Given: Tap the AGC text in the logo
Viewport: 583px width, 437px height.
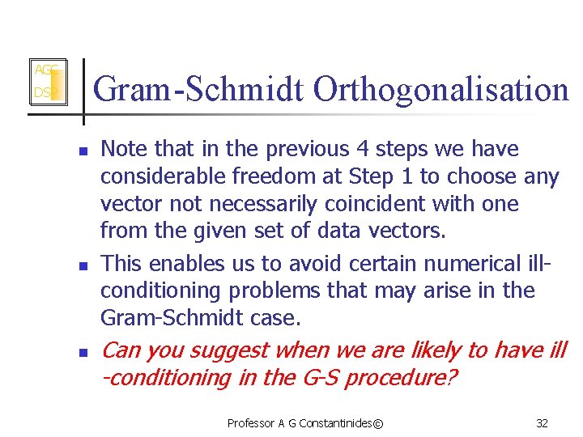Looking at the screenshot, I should (x=44, y=70).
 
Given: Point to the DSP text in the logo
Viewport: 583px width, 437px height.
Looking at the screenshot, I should (x=42, y=94).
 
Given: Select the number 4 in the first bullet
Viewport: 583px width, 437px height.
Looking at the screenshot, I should (x=361, y=149).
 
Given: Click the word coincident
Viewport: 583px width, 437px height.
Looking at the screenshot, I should (x=384, y=203).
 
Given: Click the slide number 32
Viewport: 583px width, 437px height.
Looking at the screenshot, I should (x=542, y=423).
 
